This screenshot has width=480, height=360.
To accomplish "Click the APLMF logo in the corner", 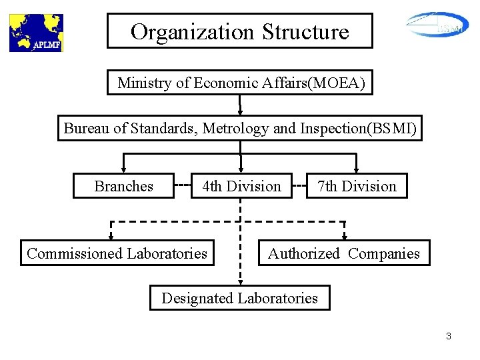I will [35, 33].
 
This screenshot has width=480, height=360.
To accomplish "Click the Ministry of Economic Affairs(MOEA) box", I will [240, 83].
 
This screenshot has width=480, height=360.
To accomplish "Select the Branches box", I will [123, 186].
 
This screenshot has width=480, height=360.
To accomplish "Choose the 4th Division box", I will [241, 186].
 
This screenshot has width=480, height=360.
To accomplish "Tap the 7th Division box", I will [357, 186].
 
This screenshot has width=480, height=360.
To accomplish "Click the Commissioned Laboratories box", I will [117, 253].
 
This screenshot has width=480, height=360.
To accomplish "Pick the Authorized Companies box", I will [343, 253].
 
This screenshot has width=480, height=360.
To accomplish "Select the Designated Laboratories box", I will [239, 298].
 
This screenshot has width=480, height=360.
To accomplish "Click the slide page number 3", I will [449, 337].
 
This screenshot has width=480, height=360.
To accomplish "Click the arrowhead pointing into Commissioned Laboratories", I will [111, 235].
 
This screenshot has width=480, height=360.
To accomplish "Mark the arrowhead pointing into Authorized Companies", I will [345, 235].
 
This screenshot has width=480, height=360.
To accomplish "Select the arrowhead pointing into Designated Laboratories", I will [240, 281].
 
